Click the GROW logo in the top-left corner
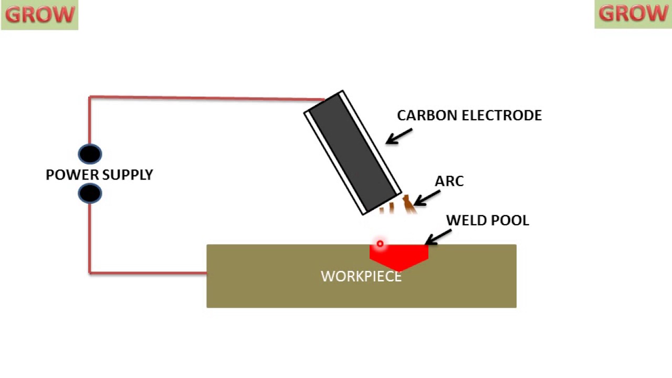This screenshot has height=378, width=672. [x=39, y=15]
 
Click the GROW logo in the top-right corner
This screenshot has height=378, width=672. [x=633, y=14]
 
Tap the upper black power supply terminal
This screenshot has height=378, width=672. [x=90, y=154]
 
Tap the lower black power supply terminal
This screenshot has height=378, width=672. [x=90, y=194]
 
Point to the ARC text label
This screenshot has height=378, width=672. [x=449, y=182]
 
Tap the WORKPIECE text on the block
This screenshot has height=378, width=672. [x=361, y=277]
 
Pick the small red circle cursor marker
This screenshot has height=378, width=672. [x=380, y=244]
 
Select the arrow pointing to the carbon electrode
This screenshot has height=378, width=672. [x=398, y=136]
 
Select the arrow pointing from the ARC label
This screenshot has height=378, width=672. [x=426, y=198]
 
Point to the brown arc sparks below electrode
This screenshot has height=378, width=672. [x=407, y=204]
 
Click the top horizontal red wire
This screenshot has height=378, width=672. [x=205, y=98]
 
